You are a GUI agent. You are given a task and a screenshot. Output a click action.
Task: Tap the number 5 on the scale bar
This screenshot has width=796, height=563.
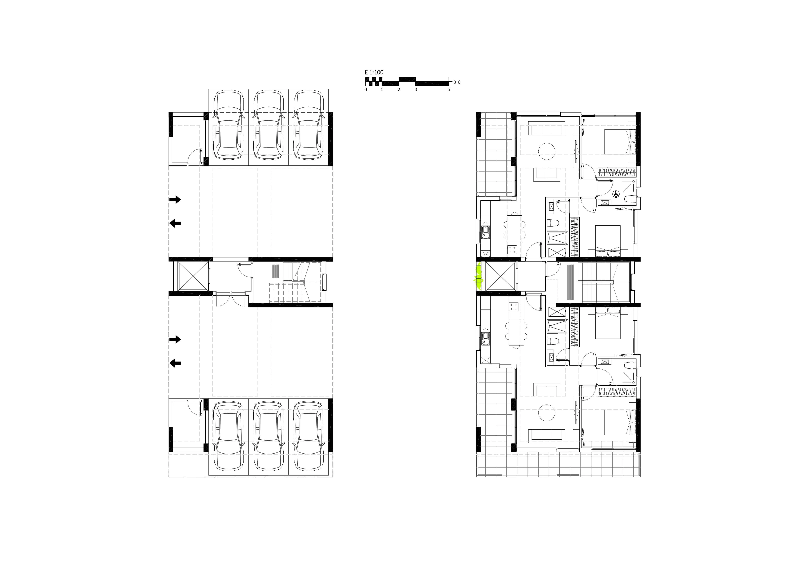pos(449,89)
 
